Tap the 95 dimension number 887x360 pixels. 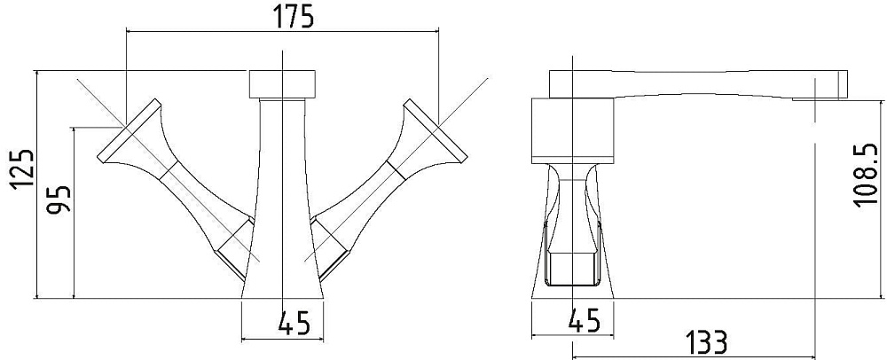click(59, 199)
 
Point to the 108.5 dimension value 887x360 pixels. click(866, 176)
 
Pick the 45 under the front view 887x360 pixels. click(294, 324)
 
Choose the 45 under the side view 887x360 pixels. click(583, 322)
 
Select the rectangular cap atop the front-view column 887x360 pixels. click(282, 84)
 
